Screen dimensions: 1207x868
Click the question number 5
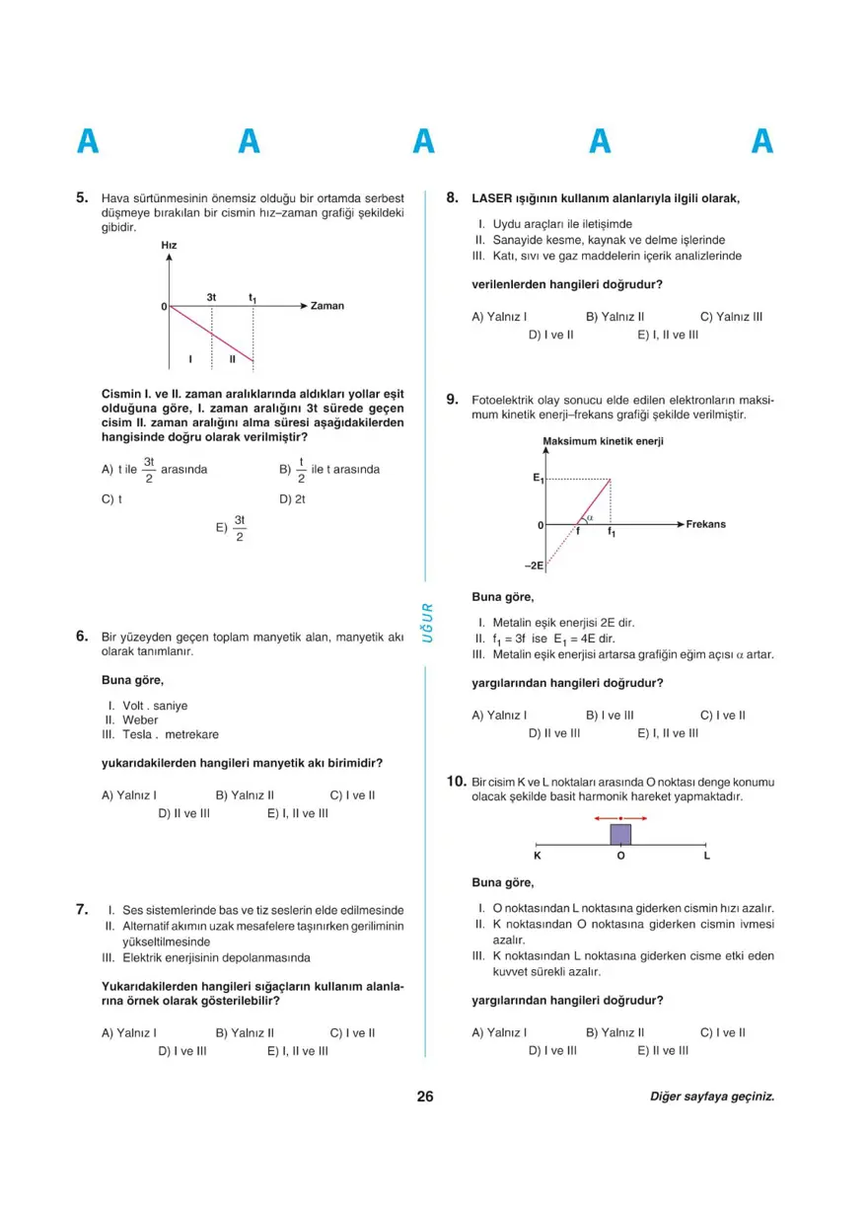[83, 197]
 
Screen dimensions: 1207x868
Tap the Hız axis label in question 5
[169, 245]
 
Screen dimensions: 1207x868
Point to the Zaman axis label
[326, 306]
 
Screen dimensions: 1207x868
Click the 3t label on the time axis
[212, 296]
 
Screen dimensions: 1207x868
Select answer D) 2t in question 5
[293, 499]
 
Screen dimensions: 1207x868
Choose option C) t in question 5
[111, 499]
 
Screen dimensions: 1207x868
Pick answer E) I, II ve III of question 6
[297, 814]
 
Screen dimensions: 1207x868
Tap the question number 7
[83, 909]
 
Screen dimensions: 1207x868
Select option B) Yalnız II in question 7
[245, 1033]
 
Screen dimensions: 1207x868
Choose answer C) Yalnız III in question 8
[731, 317]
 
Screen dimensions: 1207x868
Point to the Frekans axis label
[705, 524]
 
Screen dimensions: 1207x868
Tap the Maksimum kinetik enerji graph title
[603, 441]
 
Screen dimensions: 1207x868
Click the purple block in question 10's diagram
[620, 834]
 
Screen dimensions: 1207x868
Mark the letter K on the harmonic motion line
[538, 856]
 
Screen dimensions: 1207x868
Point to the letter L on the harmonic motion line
[706, 856]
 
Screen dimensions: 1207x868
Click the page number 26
[425, 1096]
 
